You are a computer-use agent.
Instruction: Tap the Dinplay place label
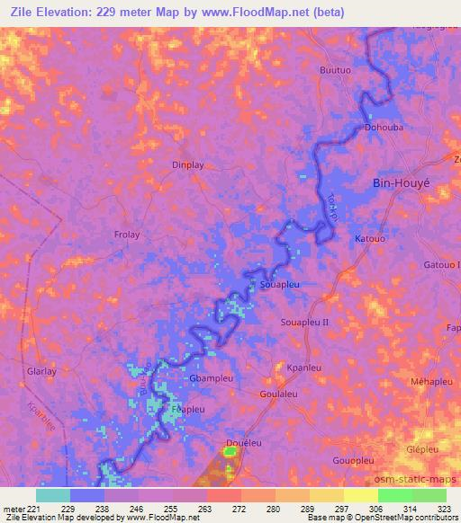(188, 165)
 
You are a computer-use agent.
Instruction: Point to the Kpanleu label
(303, 368)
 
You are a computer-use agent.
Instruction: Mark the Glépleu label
(423, 449)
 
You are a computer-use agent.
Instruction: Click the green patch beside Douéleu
(229, 452)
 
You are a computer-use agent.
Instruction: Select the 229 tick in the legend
(69, 508)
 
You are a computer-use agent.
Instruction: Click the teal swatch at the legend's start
(52, 495)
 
